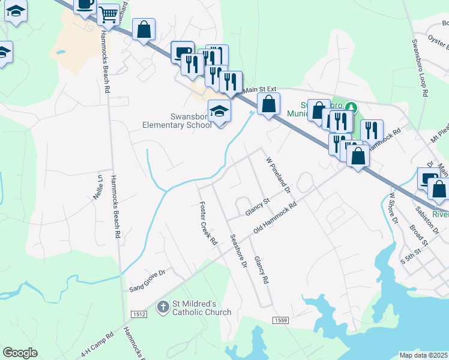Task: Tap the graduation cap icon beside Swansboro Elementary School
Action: (220, 110)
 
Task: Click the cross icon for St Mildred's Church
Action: (163, 308)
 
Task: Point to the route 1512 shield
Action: (139, 314)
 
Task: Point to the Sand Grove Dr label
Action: (146, 281)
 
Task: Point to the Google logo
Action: (20, 352)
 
